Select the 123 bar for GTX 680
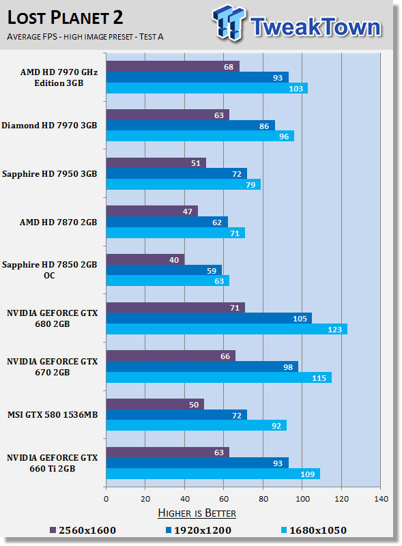(226, 329)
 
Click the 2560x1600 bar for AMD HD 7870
(152, 211)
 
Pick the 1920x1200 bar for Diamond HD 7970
(190, 126)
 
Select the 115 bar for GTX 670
(218, 377)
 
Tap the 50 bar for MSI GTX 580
(155, 404)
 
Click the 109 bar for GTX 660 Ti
(212, 474)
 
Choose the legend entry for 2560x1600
(82, 530)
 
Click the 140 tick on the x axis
(381, 498)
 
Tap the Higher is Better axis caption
(197, 513)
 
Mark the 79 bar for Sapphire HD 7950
(183, 184)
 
